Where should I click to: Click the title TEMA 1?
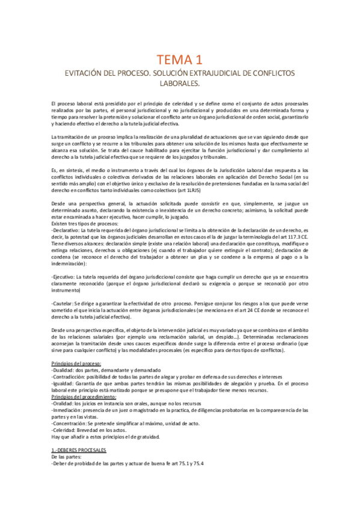(x=180, y=59)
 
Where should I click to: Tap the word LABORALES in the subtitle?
(x=180, y=84)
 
